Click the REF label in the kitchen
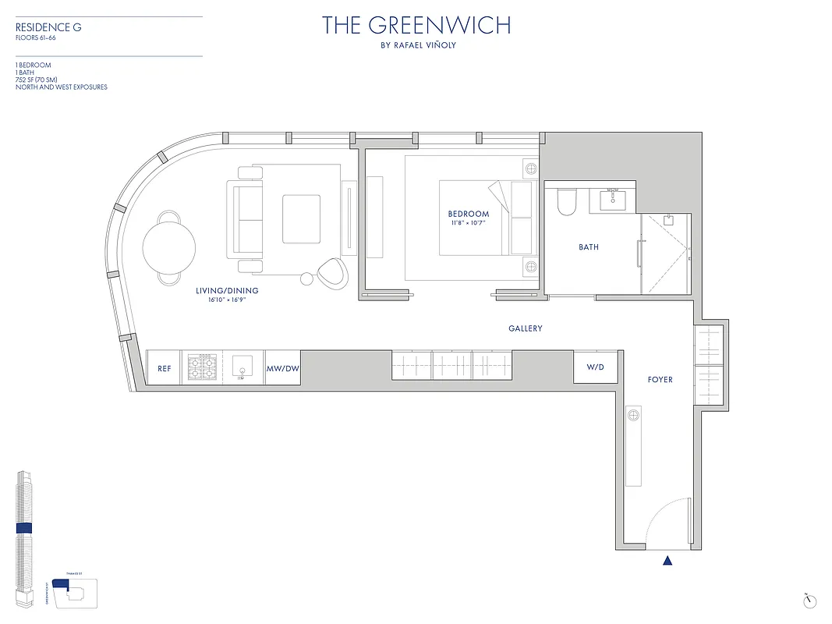pyautogui.click(x=164, y=368)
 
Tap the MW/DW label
pyautogui.click(x=282, y=368)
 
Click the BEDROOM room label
pyautogui.click(x=468, y=214)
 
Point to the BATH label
pyautogui.click(x=589, y=247)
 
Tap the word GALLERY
pyautogui.click(x=525, y=329)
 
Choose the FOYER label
pyautogui.click(x=660, y=380)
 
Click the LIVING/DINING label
pyautogui.click(x=227, y=291)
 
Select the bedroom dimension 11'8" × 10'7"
pyautogui.click(x=468, y=223)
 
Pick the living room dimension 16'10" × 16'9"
pyautogui.click(x=227, y=300)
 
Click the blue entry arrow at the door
pyautogui.click(x=667, y=559)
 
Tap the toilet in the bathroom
pyautogui.click(x=567, y=202)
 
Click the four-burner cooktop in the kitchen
pyautogui.click(x=202, y=367)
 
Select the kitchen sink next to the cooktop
pyautogui.click(x=243, y=367)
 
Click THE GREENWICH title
pyautogui.click(x=416, y=26)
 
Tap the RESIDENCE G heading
pyautogui.click(x=48, y=27)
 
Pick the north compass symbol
pyautogui.click(x=810, y=601)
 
